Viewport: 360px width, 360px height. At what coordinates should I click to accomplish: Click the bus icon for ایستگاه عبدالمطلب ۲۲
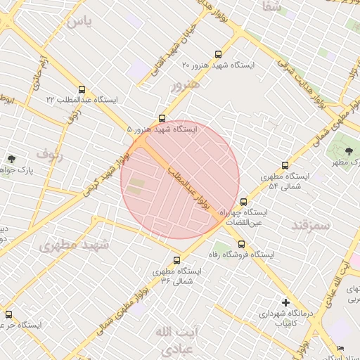(82, 90)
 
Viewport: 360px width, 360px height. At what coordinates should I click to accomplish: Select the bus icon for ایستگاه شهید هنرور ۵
(162, 118)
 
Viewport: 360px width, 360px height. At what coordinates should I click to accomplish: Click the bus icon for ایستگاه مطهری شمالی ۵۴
(285, 165)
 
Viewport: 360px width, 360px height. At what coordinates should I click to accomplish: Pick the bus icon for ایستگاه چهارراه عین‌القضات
(243, 202)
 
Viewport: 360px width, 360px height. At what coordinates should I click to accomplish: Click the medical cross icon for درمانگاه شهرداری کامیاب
(285, 302)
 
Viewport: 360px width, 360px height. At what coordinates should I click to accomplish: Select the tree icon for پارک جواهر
(11, 160)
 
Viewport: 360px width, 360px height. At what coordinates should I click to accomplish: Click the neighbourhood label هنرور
(185, 85)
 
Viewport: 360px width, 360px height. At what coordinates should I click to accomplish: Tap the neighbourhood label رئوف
(50, 155)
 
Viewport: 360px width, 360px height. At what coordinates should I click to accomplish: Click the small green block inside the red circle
(136, 188)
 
